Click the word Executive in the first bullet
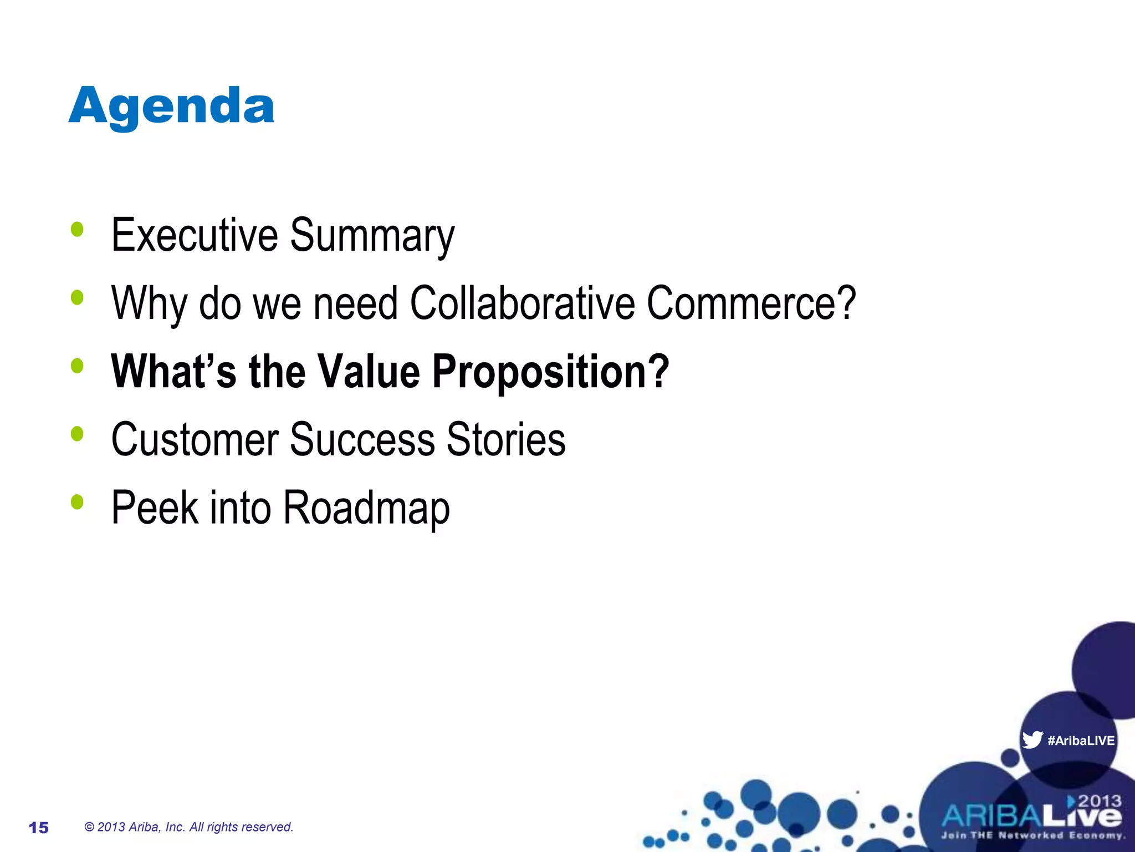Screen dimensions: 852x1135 194,235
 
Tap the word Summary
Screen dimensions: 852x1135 372,236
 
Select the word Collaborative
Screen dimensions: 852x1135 522,303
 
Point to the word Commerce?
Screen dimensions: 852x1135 751,303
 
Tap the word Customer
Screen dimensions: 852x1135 195,439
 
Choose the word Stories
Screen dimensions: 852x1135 506,439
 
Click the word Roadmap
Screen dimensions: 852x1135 366,508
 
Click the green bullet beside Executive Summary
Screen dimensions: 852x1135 77,229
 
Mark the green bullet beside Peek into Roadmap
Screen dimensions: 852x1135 77,502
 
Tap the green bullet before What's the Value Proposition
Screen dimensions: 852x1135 77,366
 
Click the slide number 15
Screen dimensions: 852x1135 39,828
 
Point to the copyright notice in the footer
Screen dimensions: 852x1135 188,827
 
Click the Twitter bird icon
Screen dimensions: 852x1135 1032,740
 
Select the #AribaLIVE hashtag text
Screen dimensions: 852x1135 1081,741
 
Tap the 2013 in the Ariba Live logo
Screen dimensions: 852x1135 1099,801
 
